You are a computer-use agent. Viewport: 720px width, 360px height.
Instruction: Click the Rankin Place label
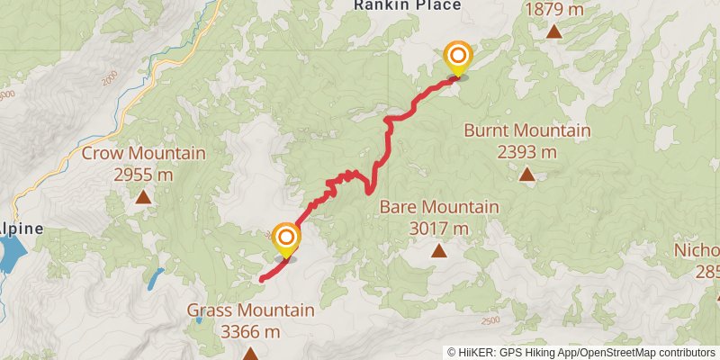407,5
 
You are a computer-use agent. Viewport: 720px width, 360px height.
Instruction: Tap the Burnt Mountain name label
526,130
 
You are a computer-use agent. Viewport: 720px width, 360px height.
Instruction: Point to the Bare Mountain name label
438,207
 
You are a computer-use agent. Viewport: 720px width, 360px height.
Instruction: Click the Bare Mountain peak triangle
438,251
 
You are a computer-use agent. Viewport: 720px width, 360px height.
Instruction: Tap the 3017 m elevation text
438,229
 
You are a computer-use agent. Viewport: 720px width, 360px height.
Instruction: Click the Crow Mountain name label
143,153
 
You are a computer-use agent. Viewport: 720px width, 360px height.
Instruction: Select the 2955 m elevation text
143,175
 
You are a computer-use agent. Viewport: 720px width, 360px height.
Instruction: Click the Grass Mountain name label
250,310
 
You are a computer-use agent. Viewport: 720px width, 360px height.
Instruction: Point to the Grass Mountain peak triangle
249,355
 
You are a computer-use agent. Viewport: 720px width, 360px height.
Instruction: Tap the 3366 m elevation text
250,332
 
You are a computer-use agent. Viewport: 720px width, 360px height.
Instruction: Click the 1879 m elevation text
554,9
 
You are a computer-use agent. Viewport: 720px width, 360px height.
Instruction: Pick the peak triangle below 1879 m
554,32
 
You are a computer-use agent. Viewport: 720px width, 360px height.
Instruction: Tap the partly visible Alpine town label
22,229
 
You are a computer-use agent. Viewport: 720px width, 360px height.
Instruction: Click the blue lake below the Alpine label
11,256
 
